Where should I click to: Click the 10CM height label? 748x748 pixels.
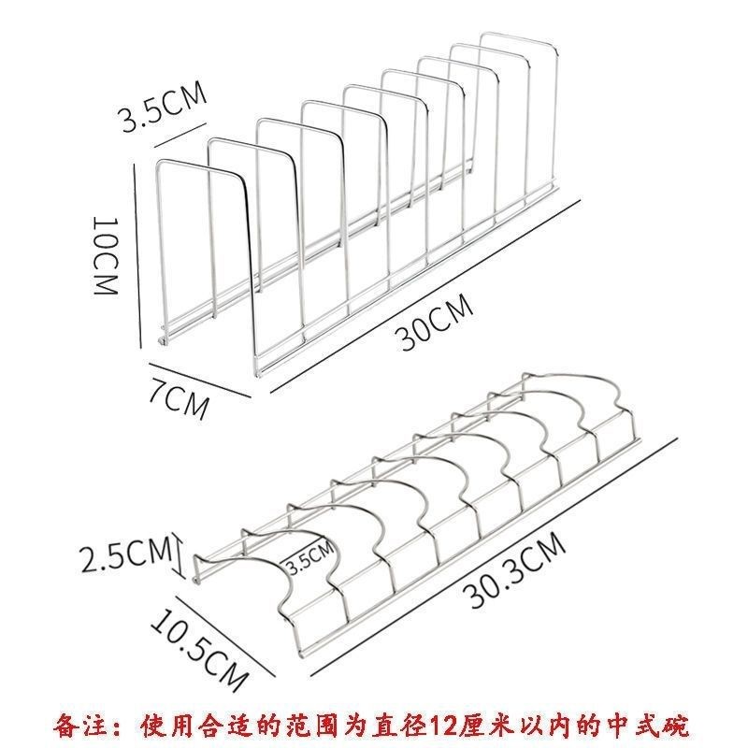coord(106,256)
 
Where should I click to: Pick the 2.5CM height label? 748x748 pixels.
coord(125,554)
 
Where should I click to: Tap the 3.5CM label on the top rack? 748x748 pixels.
coord(164,107)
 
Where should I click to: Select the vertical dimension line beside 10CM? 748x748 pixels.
coord(137,256)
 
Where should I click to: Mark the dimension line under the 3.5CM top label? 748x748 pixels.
coord(180,136)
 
